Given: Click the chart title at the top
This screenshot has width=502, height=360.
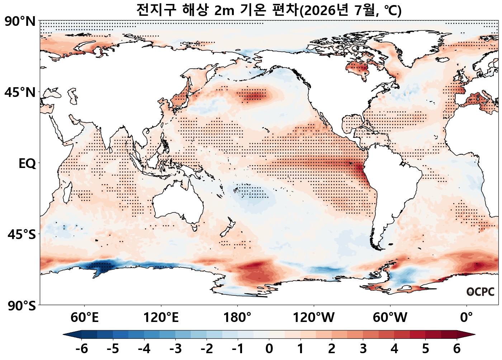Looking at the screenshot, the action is (269, 10).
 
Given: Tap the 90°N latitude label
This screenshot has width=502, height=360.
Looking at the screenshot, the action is (20, 22).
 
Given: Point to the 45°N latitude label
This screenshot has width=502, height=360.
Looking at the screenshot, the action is (20, 92).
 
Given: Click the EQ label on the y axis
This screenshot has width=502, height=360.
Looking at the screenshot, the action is (27, 164).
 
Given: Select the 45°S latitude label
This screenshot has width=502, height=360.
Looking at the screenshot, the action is (22, 235).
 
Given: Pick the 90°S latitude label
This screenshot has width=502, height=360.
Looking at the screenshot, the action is (22, 306).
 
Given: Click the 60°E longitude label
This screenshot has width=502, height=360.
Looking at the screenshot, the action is (85, 318).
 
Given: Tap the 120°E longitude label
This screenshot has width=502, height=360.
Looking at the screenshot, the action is (161, 318).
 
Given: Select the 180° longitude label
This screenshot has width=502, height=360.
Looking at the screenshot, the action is (237, 318).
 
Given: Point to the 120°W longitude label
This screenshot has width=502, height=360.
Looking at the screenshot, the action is (314, 318).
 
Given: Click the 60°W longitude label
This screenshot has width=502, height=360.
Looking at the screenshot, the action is (390, 318).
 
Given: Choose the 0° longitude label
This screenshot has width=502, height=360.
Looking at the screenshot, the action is (467, 318).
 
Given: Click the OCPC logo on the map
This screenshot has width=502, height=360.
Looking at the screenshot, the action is (480, 292).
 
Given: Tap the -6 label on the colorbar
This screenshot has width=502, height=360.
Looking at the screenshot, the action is (82, 349).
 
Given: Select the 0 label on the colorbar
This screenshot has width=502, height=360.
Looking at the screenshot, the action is (269, 349).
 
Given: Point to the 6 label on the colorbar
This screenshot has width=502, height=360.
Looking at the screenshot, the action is (457, 349).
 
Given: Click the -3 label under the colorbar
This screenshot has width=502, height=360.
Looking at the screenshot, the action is (175, 349).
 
